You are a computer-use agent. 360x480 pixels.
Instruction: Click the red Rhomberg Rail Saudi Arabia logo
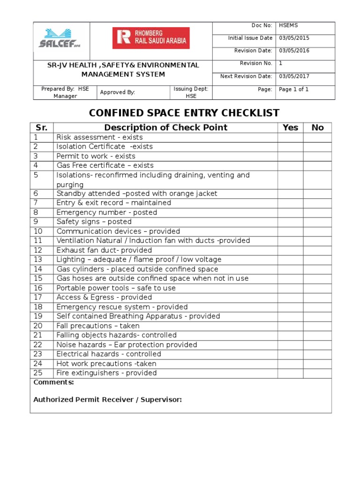click(x=150, y=38)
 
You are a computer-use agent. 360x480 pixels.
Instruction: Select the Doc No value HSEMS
click(x=289, y=25)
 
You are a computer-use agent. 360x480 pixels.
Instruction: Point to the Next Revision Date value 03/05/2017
click(x=294, y=76)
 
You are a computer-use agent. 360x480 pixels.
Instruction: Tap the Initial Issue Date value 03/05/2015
click(x=294, y=38)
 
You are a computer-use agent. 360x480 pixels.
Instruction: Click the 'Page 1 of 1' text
click(x=293, y=89)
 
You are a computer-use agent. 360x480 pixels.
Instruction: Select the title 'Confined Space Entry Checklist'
click(x=184, y=113)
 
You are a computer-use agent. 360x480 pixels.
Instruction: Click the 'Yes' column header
click(x=290, y=127)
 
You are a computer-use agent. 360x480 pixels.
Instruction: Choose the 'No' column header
click(x=317, y=127)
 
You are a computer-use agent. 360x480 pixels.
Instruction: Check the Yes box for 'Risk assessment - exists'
click(x=290, y=137)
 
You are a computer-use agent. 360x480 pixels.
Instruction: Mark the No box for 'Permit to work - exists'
click(x=317, y=156)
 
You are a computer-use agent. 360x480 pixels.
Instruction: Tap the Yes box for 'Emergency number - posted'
click(x=290, y=212)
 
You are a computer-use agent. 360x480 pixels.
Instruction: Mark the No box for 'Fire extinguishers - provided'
click(x=317, y=373)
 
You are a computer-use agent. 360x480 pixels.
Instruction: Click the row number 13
click(x=37, y=260)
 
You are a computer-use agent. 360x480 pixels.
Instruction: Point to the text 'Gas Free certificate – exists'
click(x=105, y=165)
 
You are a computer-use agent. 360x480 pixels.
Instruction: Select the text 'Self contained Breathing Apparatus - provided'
click(x=138, y=316)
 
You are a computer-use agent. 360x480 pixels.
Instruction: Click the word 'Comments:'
click(x=53, y=382)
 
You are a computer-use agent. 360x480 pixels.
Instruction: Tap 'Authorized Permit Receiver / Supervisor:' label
click(x=107, y=400)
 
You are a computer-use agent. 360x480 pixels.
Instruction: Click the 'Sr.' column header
click(x=42, y=127)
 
